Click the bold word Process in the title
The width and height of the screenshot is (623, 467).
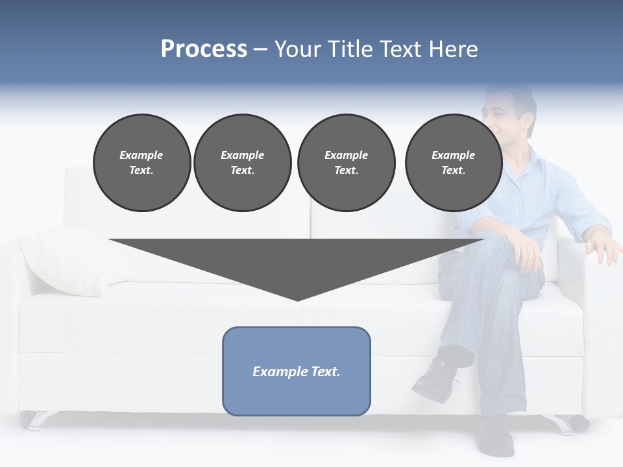[x=204, y=49]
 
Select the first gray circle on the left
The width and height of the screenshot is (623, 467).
[x=141, y=162]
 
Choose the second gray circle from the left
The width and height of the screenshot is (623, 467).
[x=242, y=162]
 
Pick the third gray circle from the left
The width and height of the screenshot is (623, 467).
[x=346, y=162]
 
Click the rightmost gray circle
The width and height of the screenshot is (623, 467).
[x=453, y=162]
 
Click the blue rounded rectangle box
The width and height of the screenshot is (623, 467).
[x=297, y=371]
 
